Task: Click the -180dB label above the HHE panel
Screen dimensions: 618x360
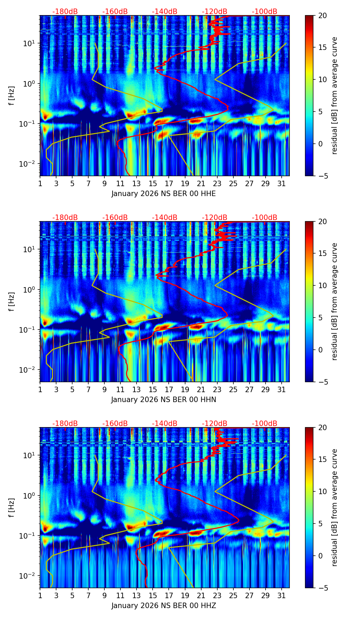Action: (x=65, y=12)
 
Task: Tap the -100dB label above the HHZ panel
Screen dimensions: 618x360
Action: (x=265, y=424)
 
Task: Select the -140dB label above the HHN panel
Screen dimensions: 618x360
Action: (x=165, y=218)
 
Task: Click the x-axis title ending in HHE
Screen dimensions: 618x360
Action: (x=164, y=194)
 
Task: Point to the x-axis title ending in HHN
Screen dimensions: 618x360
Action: (x=164, y=400)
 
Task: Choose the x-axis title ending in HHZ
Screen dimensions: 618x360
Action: (x=164, y=606)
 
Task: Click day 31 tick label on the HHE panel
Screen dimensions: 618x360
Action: (x=282, y=184)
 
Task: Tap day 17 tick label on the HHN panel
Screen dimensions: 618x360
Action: (x=169, y=390)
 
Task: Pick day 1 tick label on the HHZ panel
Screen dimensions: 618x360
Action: (x=40, y=596)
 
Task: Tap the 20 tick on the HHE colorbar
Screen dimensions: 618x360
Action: (x=322, y=15)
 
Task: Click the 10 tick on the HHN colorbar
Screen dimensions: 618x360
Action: (x=322, y=285)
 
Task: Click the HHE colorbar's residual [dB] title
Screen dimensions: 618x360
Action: (x=335, y=95)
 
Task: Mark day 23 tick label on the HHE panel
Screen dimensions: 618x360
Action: (x=217, y=184)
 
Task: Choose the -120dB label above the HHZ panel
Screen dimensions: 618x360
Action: (x=215, y=424)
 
